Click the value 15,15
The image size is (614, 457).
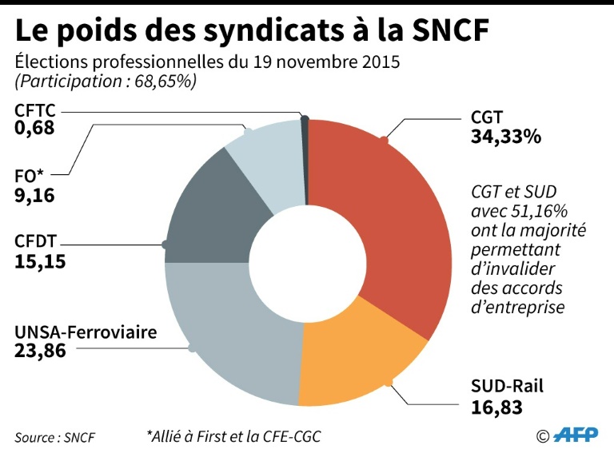coord(40,260)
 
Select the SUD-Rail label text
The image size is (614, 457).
coord(507,387)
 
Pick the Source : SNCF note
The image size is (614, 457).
coord(53,437)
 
